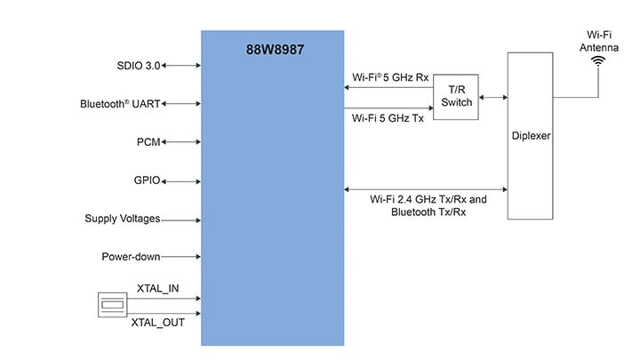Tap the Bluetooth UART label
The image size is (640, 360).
tap(121, 104)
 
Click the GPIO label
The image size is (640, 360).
tap(147, 180)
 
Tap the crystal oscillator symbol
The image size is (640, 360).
tap(112, 306)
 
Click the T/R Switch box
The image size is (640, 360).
tap(456, 96)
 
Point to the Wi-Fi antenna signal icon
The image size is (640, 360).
tap(598, 60)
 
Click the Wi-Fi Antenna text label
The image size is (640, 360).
tap(598, 39)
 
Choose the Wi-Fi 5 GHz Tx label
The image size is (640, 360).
tap(388, 117)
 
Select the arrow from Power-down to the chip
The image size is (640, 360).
tap(181, 258)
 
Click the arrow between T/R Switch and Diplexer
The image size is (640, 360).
tap(492, 96)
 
